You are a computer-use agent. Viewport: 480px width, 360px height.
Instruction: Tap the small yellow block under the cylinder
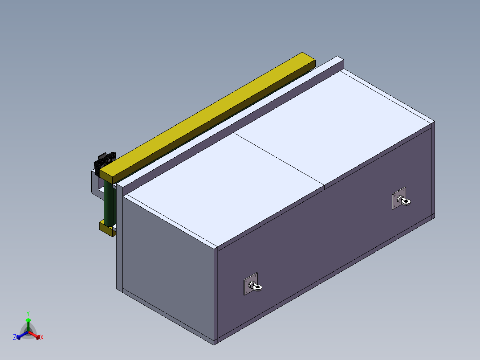(x=108, y=229)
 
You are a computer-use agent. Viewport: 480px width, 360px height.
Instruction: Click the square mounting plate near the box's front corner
(x=251, y=284)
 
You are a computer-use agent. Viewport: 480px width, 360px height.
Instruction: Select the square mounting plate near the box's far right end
(x=399, y=198)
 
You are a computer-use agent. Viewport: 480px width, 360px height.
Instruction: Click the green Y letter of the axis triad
(x=28, y=314)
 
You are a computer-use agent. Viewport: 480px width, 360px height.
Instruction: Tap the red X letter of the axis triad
(x=42, y=337)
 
